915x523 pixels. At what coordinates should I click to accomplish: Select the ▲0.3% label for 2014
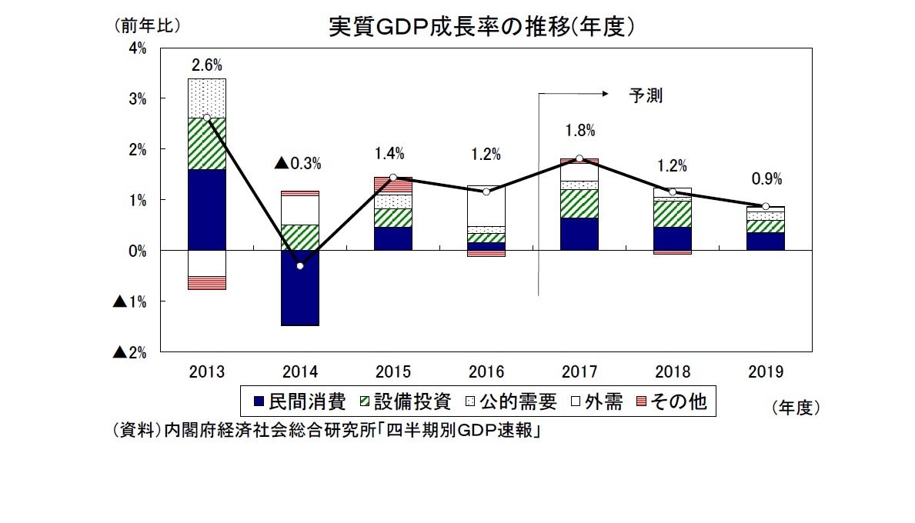(298, 164)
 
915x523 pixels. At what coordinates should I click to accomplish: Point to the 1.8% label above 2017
(579, 131)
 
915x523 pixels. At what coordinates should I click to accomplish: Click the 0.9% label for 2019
(766, 179)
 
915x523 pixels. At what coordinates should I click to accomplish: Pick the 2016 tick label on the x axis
(486, 372)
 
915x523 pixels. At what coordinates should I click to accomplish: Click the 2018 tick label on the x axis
(673, 372)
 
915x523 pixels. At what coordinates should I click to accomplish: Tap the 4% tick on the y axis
(139, 48)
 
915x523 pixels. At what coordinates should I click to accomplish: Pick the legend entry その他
(669, 401)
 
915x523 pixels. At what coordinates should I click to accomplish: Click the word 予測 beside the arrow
(645, 96)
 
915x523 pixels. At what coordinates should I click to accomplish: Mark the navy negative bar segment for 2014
(299, 288)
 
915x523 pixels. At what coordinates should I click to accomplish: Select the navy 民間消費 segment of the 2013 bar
(206, 210)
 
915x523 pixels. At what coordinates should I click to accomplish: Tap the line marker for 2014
(299, 266)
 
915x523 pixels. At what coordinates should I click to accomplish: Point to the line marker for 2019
(765, 206)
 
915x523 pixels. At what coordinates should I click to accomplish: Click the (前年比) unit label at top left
(147, 25)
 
